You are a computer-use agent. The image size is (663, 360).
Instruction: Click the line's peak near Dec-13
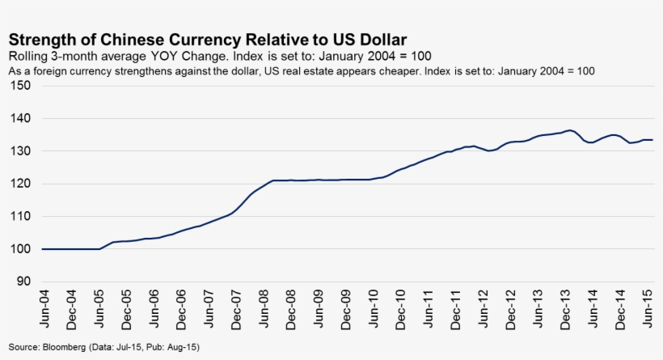[571, 129]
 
